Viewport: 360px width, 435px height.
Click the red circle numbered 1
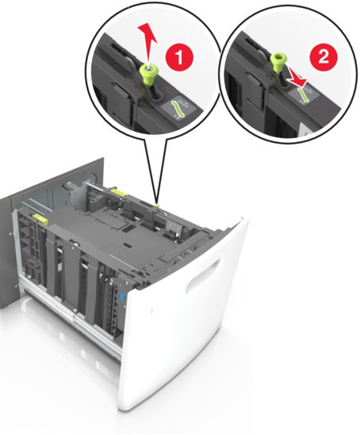click(179, 57)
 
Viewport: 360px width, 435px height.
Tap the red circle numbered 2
click(324, 57)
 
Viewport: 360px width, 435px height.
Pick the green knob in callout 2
click(277, 64)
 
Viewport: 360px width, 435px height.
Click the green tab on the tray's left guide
click(40, 218)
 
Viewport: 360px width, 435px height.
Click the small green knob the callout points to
click(156, 206)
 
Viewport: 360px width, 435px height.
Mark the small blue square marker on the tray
click(121, 297)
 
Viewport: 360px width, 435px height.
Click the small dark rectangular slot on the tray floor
click(128, 245)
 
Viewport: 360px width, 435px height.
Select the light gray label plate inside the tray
click(173, 227)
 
